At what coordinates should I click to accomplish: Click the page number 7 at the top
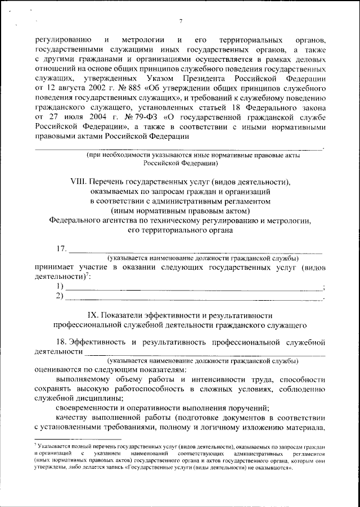(181, 21)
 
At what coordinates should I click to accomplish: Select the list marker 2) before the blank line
(60, 296)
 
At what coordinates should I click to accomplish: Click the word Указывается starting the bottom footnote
(53, 445)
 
